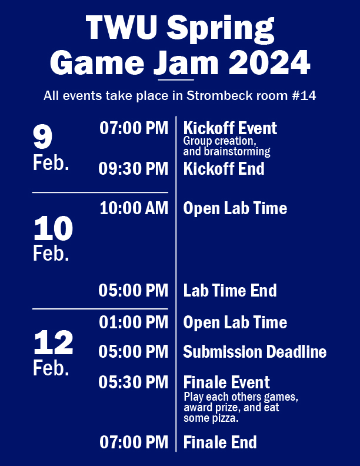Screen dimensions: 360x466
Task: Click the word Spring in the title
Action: coord(220,29)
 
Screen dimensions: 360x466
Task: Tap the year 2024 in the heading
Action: coord(269,63)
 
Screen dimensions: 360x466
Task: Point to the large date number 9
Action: coord(42,137)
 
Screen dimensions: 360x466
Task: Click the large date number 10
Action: coord(53,228)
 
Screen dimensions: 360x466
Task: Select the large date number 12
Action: coord(53,342)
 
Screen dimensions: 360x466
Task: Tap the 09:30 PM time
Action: coord(134,168)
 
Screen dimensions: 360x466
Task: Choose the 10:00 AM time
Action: coord(134,208)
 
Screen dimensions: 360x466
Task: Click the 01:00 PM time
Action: coord(134,322)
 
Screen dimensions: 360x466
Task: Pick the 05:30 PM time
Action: coord(134,382)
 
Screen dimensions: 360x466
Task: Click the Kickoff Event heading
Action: coord(230,128)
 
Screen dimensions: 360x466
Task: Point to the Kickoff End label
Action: coord(224,168)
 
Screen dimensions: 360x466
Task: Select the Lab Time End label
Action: coord(230,290)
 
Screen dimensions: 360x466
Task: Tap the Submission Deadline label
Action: coord(255,352)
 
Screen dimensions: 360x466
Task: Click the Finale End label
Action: coord(220,442)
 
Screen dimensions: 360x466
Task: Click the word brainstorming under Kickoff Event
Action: coord(237,152)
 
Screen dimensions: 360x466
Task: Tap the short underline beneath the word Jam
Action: coord(176,80)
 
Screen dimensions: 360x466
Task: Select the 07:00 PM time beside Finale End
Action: coord(134,442)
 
